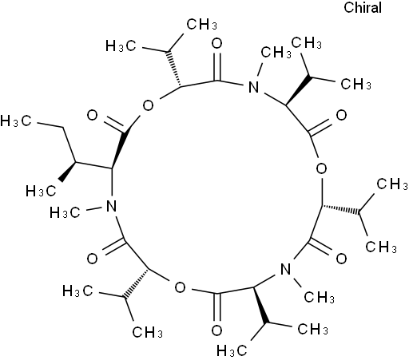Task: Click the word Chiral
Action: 363,7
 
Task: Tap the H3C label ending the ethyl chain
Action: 16,121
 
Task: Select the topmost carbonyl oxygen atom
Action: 217,43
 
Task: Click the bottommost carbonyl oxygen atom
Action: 216,330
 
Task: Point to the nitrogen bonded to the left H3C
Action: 111,206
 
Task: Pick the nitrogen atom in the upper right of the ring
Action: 253,87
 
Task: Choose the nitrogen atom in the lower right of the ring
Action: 286,269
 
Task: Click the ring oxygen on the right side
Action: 321,168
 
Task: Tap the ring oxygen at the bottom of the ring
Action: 181,287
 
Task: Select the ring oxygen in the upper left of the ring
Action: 148,105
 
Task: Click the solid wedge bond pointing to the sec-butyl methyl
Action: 68,172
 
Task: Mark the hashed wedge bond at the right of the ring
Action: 340,209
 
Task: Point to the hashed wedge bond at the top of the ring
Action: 174,69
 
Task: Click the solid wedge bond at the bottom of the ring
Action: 260,306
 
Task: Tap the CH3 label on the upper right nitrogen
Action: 276,52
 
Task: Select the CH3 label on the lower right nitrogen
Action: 319,297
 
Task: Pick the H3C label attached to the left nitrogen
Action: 65,213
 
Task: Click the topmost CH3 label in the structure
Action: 201,24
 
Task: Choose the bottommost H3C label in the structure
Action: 232,350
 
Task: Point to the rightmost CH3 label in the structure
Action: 392,184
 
